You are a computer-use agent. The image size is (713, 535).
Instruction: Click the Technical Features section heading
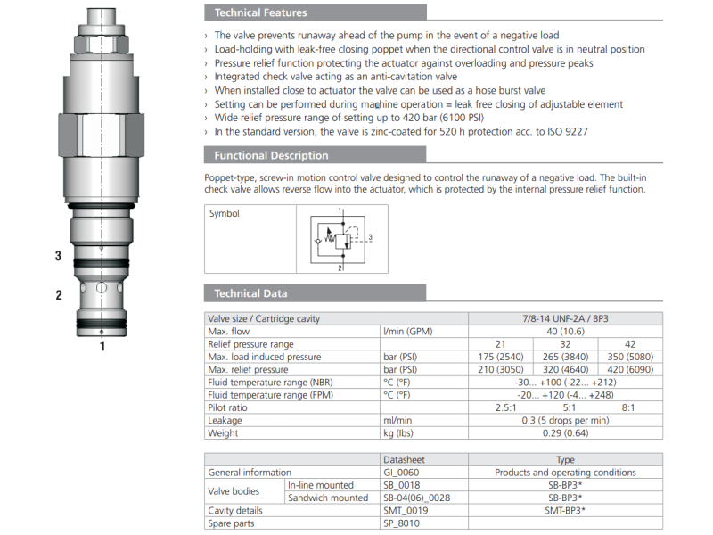click(x=260, y=12)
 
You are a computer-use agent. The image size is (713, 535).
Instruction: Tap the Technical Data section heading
click(x=250, y=293)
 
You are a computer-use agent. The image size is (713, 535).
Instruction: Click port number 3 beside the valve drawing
click(x=58, y=256)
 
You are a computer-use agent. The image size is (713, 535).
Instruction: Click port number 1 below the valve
click(x=102, y=346)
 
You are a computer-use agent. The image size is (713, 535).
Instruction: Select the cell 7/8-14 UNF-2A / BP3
click(x=565, y=318)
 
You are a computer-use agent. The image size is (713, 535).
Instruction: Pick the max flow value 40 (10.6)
click(x=565, y=331)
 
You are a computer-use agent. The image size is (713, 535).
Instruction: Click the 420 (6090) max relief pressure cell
click(x=630, y=369)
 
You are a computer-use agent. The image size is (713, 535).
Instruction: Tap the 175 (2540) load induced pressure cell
click(x=501, y=357)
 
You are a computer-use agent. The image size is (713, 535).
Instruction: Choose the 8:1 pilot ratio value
click(x=630, y=407)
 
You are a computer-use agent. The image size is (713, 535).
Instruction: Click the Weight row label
click(x=223, y=433)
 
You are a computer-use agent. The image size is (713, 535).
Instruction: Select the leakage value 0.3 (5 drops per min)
click(x=565, y=420)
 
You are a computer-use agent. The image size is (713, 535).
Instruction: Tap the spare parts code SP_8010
click(x=402, y=523)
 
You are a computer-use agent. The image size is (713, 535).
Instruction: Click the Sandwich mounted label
click(x=327, y=498)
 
